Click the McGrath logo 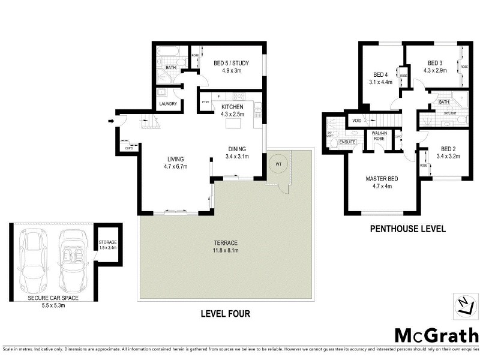[x=436, y=334]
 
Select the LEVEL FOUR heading [x=226, y=313]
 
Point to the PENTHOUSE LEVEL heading [x=407, y=229]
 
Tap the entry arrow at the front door [x=111, y=122]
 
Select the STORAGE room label [x=108, y=242]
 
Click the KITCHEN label [x=232, y=107]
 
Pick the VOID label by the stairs [x=357, y=121]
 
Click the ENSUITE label [x=348, y=142]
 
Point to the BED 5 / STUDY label [x=231, y=63]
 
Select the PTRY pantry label [x=205, y=103]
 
